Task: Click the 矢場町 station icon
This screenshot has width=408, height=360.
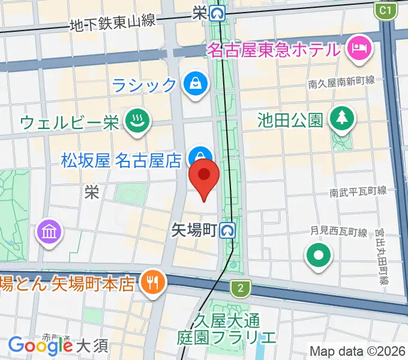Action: pos(227,229)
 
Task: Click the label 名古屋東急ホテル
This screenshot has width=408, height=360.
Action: pos(274,50)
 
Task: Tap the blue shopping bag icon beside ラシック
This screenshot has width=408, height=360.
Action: pos(196,83)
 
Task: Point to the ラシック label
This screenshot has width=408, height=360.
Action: pos(145,85)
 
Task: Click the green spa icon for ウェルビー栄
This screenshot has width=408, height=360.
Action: pos(137,122)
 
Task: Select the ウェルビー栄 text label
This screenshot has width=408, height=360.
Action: pos(70,122)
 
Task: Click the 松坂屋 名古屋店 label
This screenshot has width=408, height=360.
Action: pos(121,160)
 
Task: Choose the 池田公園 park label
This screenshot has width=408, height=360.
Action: pos(290,119)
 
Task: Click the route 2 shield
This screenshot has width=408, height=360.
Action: pos(241,289)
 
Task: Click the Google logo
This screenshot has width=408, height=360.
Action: pos(41,346)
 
